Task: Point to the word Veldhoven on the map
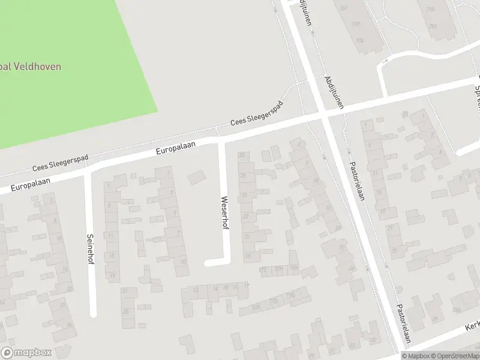(40, 67)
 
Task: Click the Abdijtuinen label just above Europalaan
(334, 91)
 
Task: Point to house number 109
(355, 24)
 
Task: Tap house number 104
(359, 41)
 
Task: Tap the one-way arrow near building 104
(384, 61)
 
